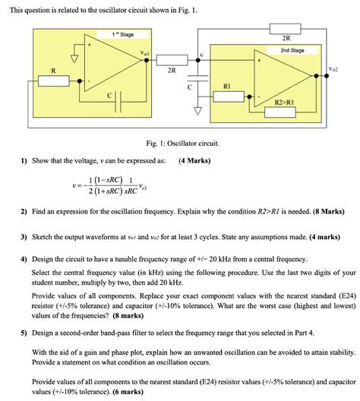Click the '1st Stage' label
[123, 34]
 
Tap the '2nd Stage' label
[292, 50]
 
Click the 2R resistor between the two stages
[172, 58]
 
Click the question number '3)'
[24, 237]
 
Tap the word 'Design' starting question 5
[47, 333]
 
